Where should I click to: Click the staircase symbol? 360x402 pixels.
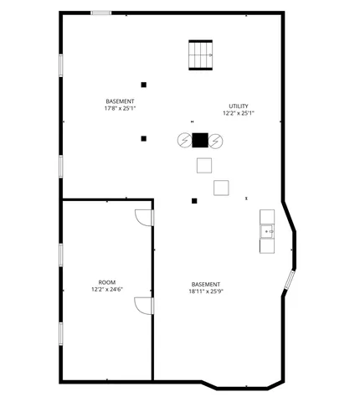(200, 55)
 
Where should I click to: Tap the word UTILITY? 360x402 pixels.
(239, 106)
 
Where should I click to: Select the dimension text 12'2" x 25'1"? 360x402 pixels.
(239, 113)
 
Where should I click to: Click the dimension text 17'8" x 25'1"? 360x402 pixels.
(120, 108)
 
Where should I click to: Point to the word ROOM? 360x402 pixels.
(107, 282)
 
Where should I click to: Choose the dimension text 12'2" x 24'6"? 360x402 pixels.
(107, 290)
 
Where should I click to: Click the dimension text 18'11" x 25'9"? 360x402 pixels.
(206, 291)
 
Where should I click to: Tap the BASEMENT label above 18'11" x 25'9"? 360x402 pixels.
(206, 284)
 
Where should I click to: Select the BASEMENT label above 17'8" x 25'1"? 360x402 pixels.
(120, 100)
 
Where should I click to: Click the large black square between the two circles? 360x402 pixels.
(200, 140)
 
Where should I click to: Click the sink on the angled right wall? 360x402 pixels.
(268, 230)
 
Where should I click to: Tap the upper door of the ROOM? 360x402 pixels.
(144, 216)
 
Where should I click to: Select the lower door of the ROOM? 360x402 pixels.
(143, 304)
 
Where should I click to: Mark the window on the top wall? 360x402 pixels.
(101, 13)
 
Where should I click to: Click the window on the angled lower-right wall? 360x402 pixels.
(288, 279)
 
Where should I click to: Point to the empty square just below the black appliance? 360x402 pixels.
(203, 165)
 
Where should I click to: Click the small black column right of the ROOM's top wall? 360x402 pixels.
(194, 200)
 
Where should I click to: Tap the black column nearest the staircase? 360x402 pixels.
(144, 85)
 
